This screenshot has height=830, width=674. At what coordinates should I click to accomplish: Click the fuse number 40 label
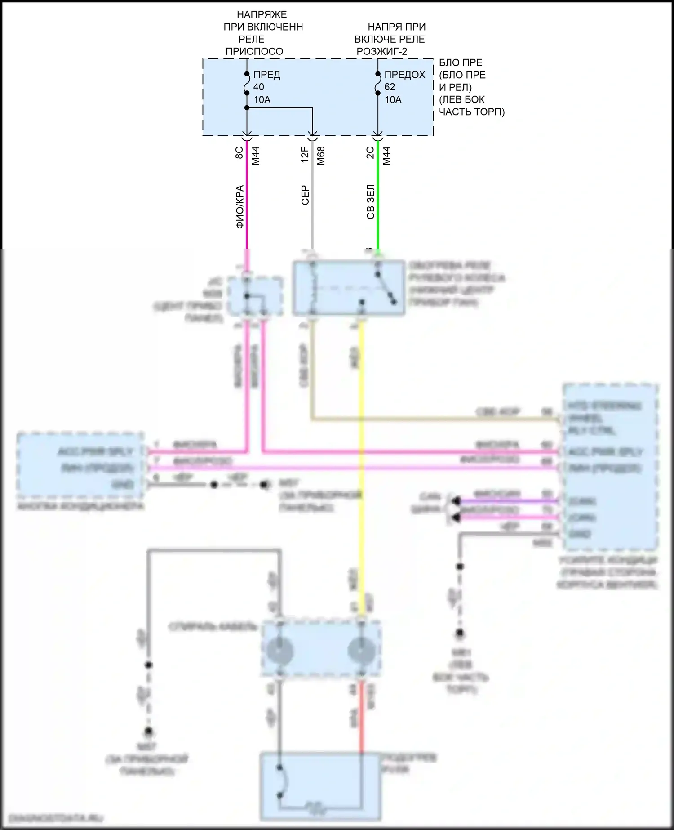point(259,87)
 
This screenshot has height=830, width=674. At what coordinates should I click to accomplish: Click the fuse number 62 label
point(390,87)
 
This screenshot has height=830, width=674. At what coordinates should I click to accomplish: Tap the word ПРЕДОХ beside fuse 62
point(404,75)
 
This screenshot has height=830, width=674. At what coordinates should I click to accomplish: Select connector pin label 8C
point(239,153)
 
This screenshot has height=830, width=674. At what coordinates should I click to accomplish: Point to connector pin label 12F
point(305,154)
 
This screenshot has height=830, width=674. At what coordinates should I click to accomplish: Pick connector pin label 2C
point(370,153)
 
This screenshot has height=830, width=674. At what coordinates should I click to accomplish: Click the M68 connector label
point(321,156)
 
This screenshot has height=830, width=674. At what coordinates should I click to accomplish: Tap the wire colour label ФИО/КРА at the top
point(240,207)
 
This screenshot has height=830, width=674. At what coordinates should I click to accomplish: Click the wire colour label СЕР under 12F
point(305,196)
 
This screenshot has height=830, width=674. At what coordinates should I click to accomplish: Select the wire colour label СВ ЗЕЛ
point(370,202)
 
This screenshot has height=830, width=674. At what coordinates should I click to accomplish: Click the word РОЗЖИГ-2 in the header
point(382,51)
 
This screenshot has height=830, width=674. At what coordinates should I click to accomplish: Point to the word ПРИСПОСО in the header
point(254,51)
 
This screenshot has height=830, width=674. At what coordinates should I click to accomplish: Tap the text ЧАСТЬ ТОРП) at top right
point(472,112)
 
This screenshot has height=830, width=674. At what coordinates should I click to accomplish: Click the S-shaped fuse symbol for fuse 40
point(247,84)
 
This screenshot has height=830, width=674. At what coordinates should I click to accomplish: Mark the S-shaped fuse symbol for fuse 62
point(378,84)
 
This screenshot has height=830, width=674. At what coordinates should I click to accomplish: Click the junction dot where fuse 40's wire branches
point(247,107)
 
